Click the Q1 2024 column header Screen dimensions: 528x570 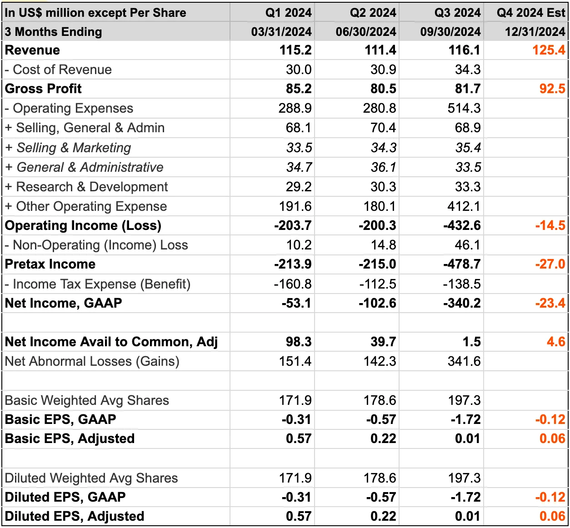[288, 12]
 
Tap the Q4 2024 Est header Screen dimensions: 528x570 [530, 12]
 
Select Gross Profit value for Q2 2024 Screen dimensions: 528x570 [383, 89]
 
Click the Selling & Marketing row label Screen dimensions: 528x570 [68, 148]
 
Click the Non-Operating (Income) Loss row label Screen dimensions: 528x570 [96, 245]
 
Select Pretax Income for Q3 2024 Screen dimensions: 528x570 [461, 264]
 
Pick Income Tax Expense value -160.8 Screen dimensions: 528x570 [292, 284]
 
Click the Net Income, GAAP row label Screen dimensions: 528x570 [63, 303]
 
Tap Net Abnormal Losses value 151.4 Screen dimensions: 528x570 [295, 361]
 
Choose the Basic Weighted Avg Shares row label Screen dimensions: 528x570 [87, 400]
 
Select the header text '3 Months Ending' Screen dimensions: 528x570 [54, 32]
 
